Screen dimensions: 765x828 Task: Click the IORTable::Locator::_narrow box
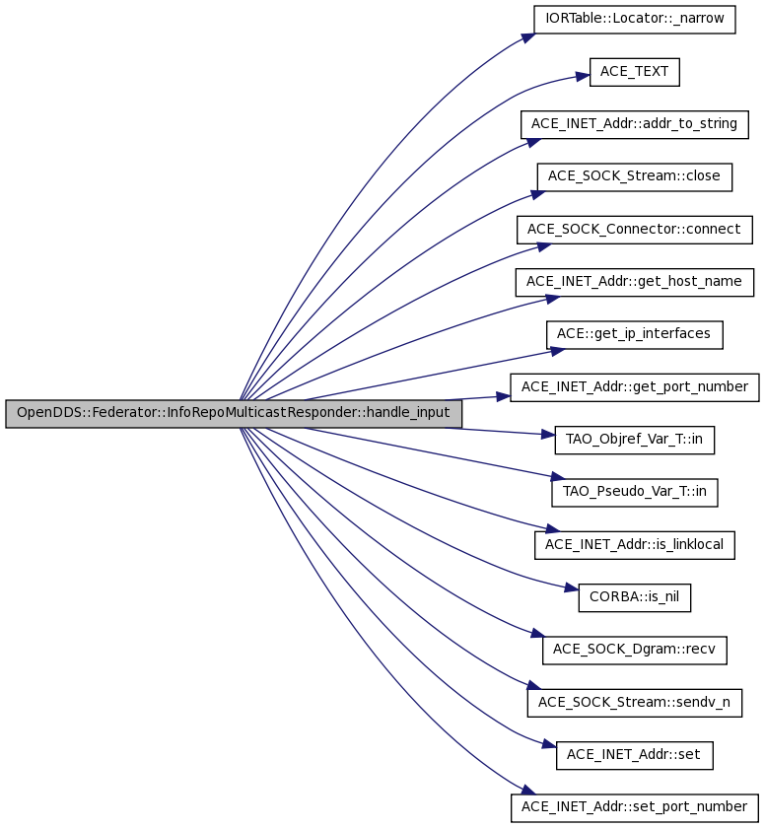[x=634, y=20]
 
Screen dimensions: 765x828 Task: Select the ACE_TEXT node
[x=634, y=72]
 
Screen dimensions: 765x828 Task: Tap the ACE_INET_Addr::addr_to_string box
[x=634, y=124]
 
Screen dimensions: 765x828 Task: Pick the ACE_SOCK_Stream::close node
[x=634, y=176]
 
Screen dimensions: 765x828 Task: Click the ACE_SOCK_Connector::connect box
[x=634, y=230]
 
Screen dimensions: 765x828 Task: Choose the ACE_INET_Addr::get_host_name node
[x=634, y=282]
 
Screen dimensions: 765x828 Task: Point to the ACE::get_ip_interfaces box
[x=634, y=335]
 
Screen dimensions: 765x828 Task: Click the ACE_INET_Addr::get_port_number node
[x=634, y=387]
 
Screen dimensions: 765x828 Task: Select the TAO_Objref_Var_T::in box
[x=634, y=440]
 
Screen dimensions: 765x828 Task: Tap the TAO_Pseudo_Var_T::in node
[x=634, y=492]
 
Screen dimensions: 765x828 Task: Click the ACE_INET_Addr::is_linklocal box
[x=634, y=545]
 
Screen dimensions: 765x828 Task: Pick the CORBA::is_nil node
[x=634, y=597]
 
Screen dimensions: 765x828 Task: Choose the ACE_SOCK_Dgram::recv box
[x=634, y=650]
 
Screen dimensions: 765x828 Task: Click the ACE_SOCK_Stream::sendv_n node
[x=634, y=702]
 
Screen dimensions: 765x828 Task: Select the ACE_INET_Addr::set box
[x=634, y=755]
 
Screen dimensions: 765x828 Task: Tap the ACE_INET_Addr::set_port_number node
[x=634, y=807]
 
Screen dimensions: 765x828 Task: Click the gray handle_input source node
[x=234, y=413]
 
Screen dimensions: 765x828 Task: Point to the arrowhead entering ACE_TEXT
[x=583, y=77]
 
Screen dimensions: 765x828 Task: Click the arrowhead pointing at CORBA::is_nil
[x=572, y=587]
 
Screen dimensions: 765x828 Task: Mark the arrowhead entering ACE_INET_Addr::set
[x=549, y=745]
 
